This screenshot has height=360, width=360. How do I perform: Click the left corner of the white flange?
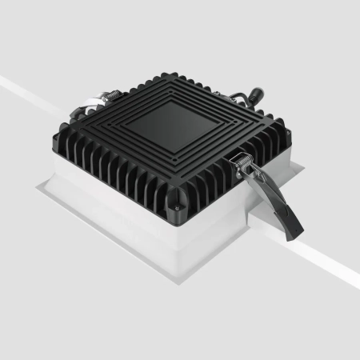(36, 188)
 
